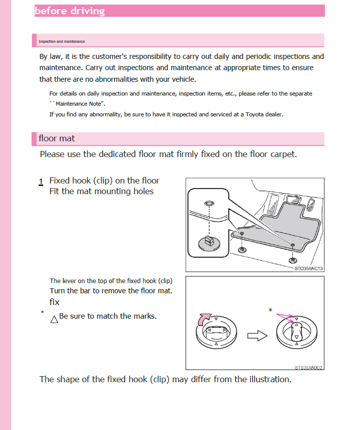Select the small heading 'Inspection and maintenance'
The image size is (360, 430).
pyautogui.click(x=62, y=41)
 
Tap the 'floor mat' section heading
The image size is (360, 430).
pyautogui.click(x=56, y=138)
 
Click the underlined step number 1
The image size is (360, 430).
pyautogui.click(x=41, y=181)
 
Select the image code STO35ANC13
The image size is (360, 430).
pyautogui.click(x=309, y=268)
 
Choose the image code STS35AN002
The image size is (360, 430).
pyautogui.click(x=309, y=367)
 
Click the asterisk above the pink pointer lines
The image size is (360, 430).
pyautogui.click(x=270, y=310)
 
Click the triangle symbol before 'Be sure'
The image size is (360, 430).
pyautogui.click(x=54, y=319)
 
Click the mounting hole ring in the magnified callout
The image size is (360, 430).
pyautogui.click(x=207, y=203)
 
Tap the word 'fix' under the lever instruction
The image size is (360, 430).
pyautogui.click(x=54, y=302)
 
